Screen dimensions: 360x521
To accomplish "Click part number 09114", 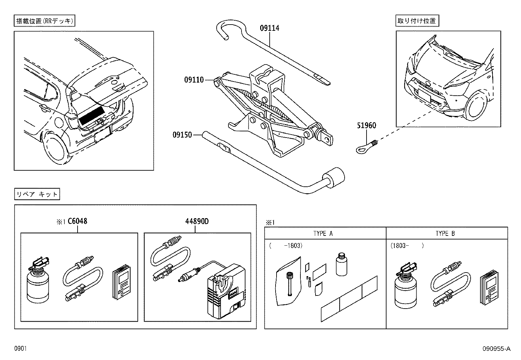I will point(269,28).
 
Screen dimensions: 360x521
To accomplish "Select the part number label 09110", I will point(194,80).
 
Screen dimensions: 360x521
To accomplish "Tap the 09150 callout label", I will point(183,135).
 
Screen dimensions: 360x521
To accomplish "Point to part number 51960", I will point(366,125).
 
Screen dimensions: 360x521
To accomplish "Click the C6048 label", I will point(77,221).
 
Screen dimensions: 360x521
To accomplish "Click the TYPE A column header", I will point(323,234).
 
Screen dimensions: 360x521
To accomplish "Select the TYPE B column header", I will point(445,234).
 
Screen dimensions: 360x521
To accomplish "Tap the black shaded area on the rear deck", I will point(91,115).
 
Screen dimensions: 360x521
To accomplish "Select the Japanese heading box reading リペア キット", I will point(37,194).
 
